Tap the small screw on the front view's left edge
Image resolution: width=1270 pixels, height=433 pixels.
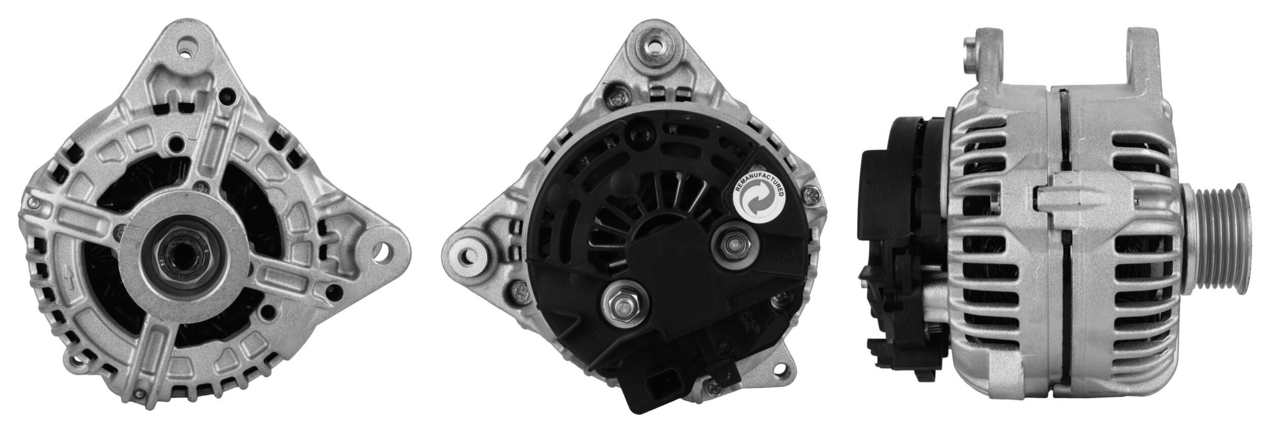pyautogui.click(x=33, y=204)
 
